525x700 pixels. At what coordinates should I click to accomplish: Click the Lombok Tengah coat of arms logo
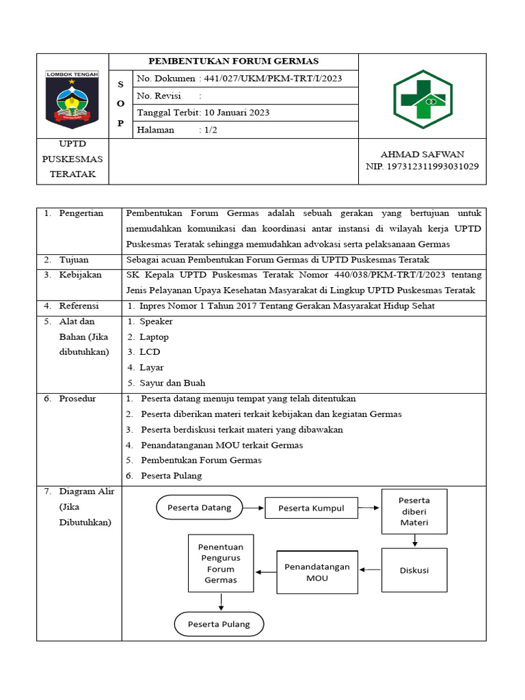click(72, 99)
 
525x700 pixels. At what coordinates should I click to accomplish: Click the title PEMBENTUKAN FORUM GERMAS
click(234, 62)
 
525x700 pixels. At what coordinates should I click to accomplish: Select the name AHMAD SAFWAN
click(422, 154)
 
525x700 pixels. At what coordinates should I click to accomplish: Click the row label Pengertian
click(81, 213)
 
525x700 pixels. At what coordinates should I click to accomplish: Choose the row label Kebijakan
click(80, 275)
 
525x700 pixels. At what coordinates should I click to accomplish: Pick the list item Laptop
click(154, 337)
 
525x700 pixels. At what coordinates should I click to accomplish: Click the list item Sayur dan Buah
click(172, 383)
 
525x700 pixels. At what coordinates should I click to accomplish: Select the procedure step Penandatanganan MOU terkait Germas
click(221, 445)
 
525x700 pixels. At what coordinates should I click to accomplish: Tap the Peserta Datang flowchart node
click(200, 507)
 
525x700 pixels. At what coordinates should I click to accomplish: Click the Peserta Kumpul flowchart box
click(310, 508)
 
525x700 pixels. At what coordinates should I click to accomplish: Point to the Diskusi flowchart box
click(414, 569)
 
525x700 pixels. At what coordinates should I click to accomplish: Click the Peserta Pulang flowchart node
click(219, 624)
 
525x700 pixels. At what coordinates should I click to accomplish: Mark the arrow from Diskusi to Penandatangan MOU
click(371, 569)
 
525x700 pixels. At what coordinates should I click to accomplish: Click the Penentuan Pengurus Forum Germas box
click(221, 563)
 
